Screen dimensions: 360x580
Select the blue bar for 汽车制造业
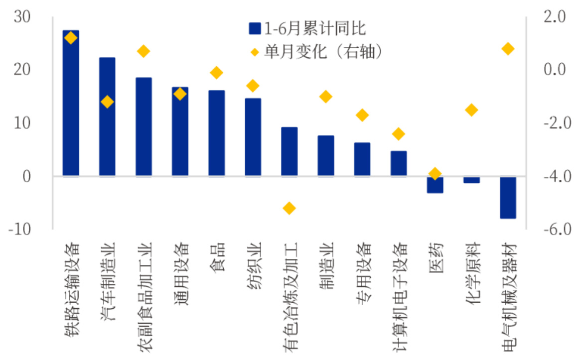[x=107, y=117]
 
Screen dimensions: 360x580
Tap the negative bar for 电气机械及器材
[x=508, y=197]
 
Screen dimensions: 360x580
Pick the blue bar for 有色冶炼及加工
[x=290, y=151]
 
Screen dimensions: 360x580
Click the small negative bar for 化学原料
[x=472, y=180]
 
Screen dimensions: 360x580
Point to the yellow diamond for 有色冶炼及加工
[x=290, y=208]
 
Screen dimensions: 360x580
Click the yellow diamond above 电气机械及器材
[x=508, y=49]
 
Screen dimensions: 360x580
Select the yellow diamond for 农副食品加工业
[x=144, y=51]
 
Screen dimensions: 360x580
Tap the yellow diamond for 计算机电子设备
[x=399, y=133]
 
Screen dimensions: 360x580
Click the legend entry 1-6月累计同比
[x=307, y=29]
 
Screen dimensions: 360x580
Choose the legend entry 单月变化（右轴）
[x=317, y=51]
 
